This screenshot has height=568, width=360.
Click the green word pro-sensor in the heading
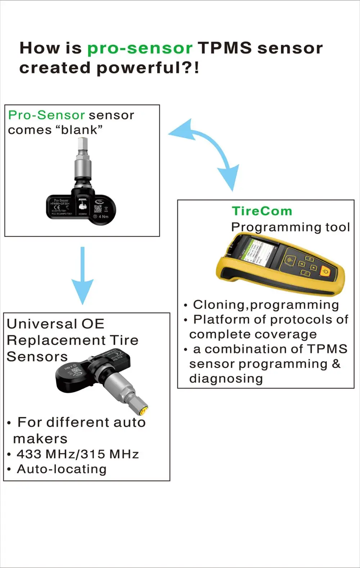(140, 48)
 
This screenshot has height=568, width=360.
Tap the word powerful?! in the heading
(148, 68)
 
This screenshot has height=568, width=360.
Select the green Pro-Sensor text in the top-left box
(46, 115)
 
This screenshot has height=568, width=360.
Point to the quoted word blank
(79, 129)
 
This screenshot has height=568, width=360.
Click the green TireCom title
(262, 211)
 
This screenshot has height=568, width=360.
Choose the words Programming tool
(291, 227)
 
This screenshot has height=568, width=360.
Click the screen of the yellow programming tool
(258, 252)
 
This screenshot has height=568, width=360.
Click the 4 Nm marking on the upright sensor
(103, 217)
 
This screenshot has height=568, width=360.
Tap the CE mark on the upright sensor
(57, 207)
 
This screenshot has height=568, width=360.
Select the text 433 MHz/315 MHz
(77, 454)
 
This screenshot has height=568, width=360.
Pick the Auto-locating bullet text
(62, 469)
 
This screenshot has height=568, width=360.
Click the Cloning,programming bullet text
(266, 305)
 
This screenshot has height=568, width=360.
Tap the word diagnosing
(226, 378)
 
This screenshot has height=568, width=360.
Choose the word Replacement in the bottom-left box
(56, 340)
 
